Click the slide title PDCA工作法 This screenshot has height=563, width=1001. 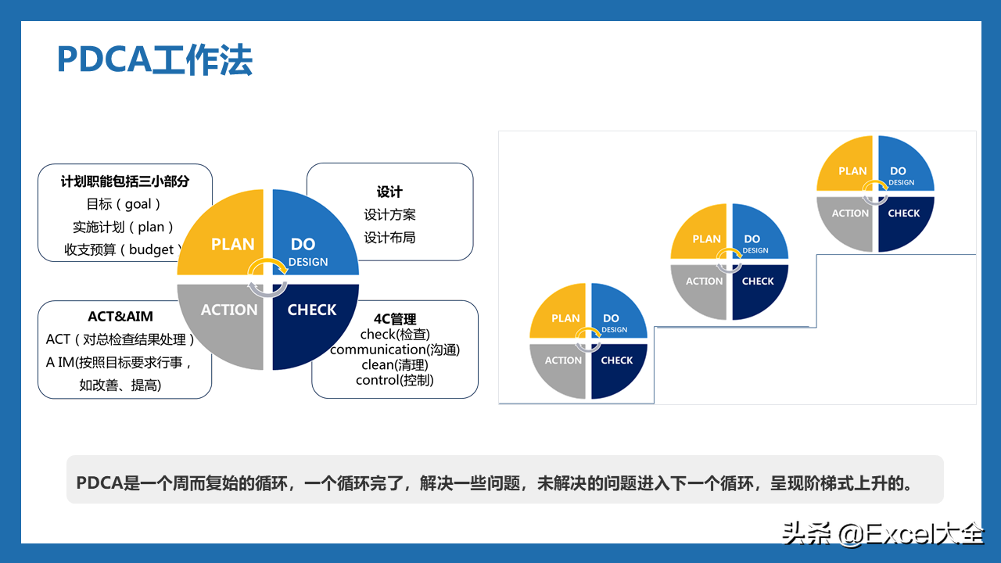(x=155, y=60)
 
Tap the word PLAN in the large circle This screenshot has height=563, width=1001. (x=232, y=245)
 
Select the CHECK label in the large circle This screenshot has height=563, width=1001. (x=312, y=310)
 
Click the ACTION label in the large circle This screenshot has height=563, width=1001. (x=229, y=310)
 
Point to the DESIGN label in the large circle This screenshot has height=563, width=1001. (x=308, y=262)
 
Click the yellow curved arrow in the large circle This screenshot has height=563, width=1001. (x=267, y=261)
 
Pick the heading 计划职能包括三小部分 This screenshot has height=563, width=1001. (x=125, y=181)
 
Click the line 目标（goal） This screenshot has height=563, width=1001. (x=124, y=204)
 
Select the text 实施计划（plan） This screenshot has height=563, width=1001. (x=124, y=227)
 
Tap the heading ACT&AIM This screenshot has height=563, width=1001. (x=120, y=317)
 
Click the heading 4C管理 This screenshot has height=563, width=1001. (x=395, y=319)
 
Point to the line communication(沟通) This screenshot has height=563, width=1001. (x=395, y=350)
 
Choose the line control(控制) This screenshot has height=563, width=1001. (x=395, y=380)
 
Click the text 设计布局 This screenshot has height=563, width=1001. (x=389, y=238)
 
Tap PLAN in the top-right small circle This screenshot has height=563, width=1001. (x=852, y=171)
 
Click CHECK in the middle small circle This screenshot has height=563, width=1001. (x=758, y=281)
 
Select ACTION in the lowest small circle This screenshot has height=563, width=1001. (x=563, y=360)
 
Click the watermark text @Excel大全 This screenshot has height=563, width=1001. (x=912, y=533)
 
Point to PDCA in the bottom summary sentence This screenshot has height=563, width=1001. (x=99, y=483)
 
